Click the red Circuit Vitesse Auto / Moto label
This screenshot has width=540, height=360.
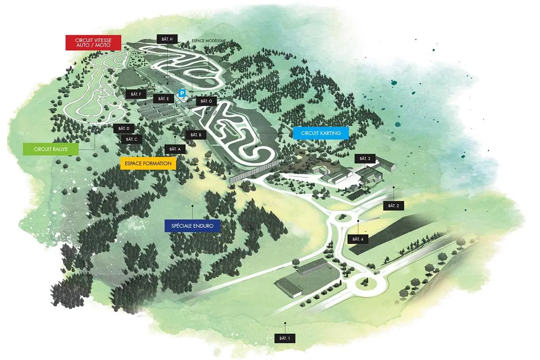point(93,43)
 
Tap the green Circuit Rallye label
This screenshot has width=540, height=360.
point(50,149)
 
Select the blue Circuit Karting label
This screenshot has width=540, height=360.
point(321,133)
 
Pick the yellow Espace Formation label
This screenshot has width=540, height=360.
point(148,163)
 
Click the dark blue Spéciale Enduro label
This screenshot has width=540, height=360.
point(193,226)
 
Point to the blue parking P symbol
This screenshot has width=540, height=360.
point(183,93)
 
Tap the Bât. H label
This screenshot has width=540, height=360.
point(167,39)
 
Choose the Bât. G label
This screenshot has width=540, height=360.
point(206,101)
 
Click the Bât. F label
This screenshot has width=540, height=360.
point(136,94)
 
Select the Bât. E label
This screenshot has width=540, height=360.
point(163,99)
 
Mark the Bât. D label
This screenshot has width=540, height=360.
point(124,129)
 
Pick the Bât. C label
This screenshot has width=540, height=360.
point(131,139)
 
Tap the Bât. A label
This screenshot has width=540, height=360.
point(175,149)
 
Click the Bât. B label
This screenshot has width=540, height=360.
point(196,135)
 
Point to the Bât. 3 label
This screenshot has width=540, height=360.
point(365,159)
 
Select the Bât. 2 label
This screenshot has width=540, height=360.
point(393,206)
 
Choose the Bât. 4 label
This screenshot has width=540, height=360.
point(358,239)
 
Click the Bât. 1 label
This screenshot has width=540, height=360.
point(285,338)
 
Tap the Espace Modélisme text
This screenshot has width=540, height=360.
point(209,41)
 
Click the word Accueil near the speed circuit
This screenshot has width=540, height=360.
point(156,87)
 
